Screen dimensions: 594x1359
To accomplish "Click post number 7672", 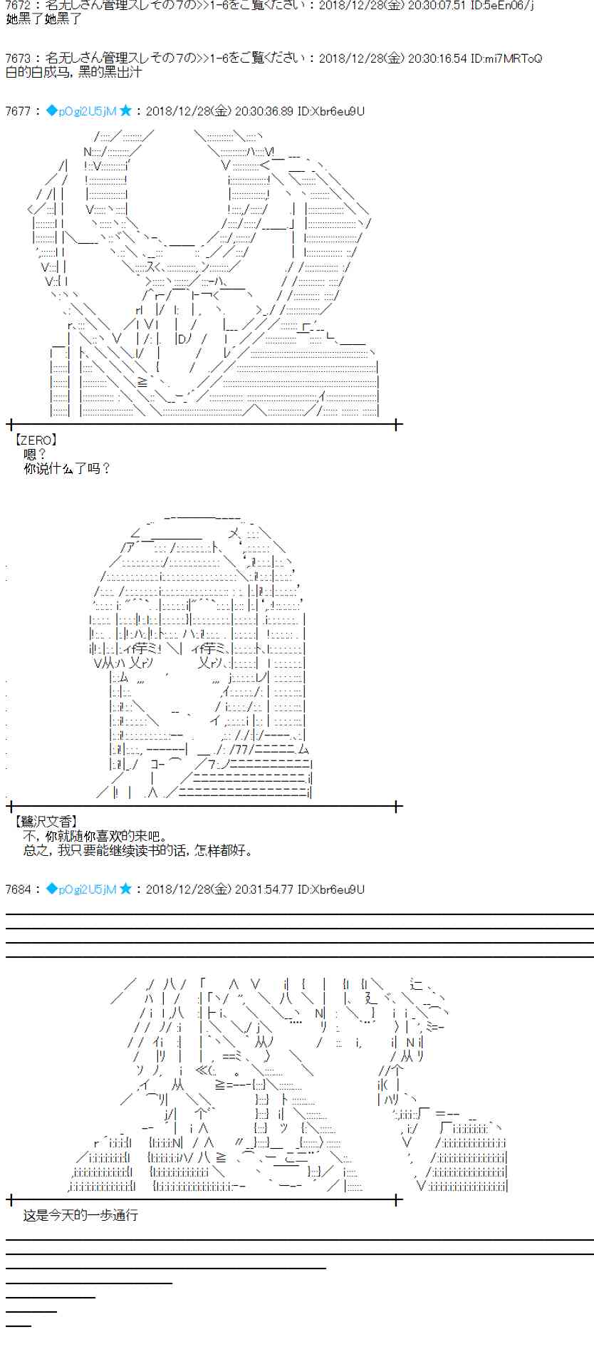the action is pyautogui.click(x=18, y=5).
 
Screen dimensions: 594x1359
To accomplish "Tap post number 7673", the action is pyautogui.click(x=18, y=58).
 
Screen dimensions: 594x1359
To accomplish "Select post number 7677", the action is pyautogui.click(x=18, y=111).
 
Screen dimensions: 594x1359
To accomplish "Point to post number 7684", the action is pyautogui.click(x=18, y=889).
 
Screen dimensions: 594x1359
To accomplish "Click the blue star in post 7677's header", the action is pyautogui.click(x=126, y=111).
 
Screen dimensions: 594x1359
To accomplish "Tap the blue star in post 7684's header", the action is pyautogui.click(x=126, y=889).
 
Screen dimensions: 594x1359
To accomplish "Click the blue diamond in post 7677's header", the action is pyautogui.click(x=51, y=111).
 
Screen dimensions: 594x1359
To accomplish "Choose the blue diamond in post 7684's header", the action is pyautogui.click(x=51, y=889).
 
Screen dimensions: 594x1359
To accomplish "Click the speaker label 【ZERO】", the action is pyautogui.click(x=36, y=440).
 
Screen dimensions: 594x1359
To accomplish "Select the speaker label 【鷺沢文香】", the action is pyautogui.click(x=46, y=822).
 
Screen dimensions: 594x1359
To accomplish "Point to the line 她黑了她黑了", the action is pyautogui.click(x=43, y=19).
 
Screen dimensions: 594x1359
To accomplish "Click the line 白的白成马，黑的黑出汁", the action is pyautogui.click(x=73, y=72).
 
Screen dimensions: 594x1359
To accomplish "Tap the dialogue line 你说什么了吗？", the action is pyautogui.click(x=68, y=468).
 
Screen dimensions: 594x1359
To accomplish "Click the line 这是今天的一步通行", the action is pyautogui.click(x=80, y=1215).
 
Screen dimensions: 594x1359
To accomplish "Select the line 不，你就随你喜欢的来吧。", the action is pyautogui.click(x=95, y=836).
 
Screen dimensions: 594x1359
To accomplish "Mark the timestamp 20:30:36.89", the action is pyautogui.click(x=264, y=111).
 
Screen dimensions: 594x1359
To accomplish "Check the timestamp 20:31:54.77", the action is pyautogui.click(x=264, y=889).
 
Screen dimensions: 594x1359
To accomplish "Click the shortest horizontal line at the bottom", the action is pyautogui.click(x=19, y=1326).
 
